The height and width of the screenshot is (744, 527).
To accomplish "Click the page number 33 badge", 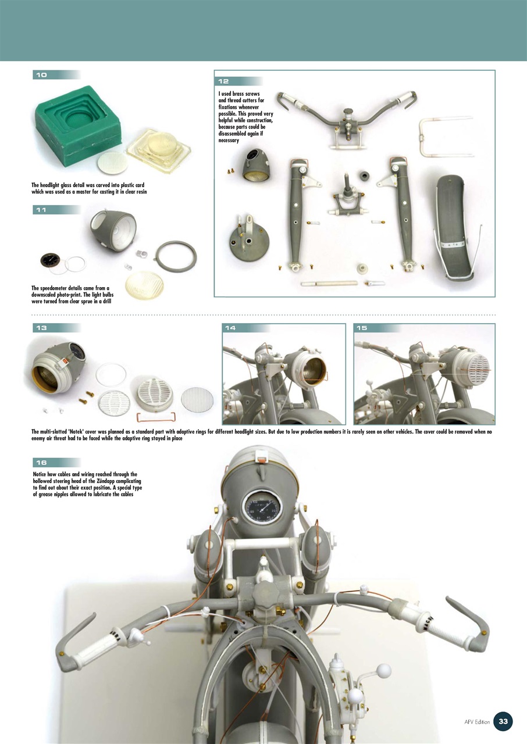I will (x=503, y=721).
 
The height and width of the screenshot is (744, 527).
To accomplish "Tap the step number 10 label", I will (x=41, y=75).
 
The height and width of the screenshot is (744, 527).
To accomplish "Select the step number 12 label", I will (x=225, y=81).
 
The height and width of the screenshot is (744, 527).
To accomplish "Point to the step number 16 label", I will (x=41, y=463).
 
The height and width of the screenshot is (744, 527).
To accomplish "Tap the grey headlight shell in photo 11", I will (x=113, y=230).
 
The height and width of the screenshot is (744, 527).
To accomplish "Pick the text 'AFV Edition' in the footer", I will (x=477, y=722).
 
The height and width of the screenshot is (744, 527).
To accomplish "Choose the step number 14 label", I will (x=230, y=328).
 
